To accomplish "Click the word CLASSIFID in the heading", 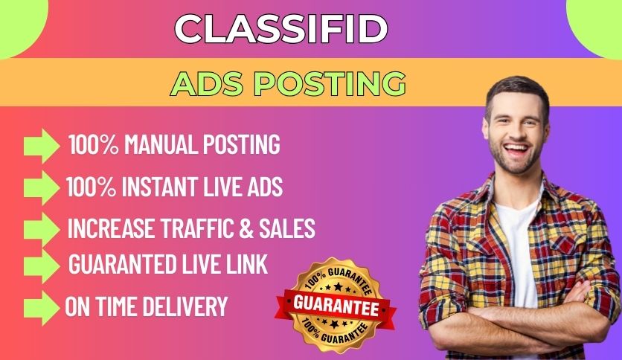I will [281, 29].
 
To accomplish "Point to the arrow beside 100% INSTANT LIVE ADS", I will [41, 186].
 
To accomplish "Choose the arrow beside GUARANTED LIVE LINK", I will [41, 264].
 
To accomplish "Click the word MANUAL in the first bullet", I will [158, 144].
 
